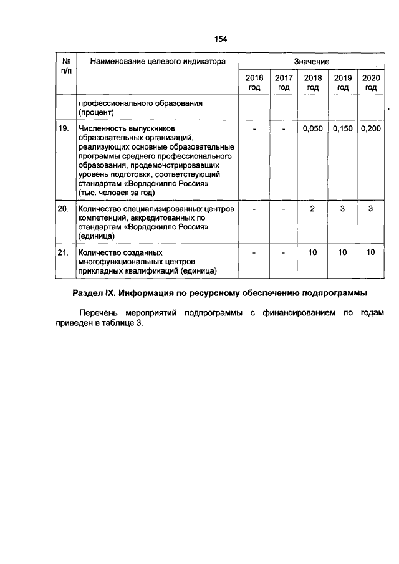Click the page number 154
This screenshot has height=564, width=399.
pos(221,39)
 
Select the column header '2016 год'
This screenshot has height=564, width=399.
pos(254,82)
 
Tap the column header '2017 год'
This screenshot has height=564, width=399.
pos(284,82)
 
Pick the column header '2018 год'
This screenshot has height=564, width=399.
pos(313,82)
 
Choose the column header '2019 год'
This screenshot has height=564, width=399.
pos(342,82)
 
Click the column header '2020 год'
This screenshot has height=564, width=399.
pos(371,82)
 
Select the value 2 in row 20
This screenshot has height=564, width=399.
pos(313,209)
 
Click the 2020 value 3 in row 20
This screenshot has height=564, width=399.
pos(371,209)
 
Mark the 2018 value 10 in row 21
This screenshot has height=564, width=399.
pos(313,252)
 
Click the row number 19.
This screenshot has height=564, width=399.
pos(63,128)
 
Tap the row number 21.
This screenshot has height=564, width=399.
pos(63,252)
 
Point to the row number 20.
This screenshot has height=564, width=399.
pos(63,209)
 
